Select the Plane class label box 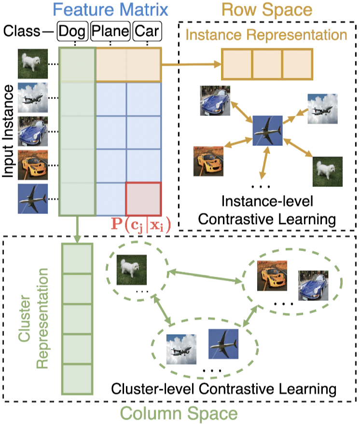(x=111, y=32)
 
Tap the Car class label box (x=147, y=32)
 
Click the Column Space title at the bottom (x=179, y=414)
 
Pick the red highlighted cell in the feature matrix (x=143, y=199)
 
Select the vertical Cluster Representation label (x=35, y=316)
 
